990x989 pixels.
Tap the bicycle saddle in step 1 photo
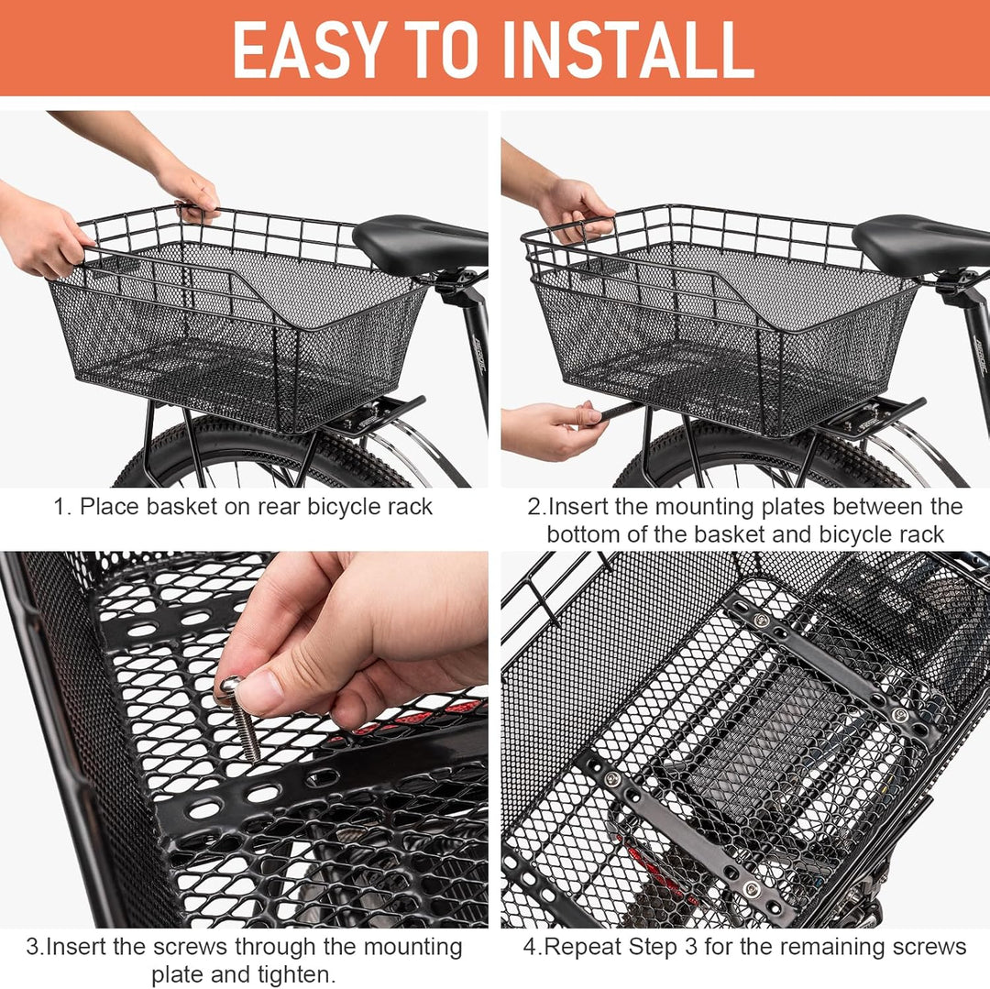pyautogui.click(x=418, y=242)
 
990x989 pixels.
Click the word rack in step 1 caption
pyautogui.click(x=409, y=507)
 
